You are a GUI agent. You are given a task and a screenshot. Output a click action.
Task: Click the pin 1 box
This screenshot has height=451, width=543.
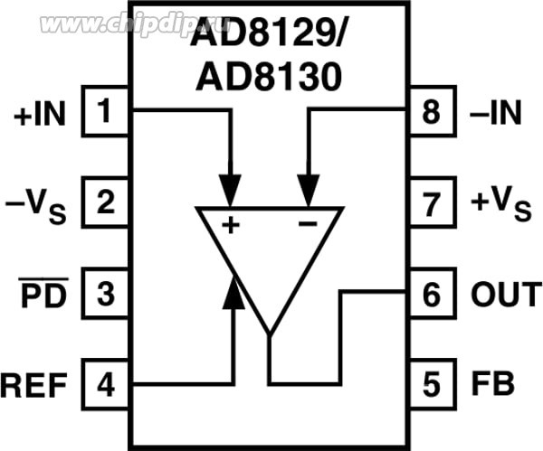coord(107,112)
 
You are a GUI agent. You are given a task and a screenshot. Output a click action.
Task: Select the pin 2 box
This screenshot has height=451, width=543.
coord(107,202)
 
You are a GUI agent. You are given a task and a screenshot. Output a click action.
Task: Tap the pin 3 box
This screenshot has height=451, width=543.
coord(107,294)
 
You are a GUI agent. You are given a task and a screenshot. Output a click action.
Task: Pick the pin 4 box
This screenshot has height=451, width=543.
coord(107,385)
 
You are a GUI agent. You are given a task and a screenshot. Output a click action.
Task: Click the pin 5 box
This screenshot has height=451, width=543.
coord(432,385)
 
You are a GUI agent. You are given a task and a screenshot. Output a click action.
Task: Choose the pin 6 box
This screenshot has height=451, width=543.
coord(432,294)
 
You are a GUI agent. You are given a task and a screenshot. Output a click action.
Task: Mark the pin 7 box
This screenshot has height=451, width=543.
coord(432,202)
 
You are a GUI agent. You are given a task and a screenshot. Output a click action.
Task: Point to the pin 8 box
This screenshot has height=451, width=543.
coord(432,112)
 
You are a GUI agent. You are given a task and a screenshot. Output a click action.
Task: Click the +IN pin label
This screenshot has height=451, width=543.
coord(40,115)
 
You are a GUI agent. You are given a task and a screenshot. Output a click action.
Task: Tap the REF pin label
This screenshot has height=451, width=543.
coord(34,387)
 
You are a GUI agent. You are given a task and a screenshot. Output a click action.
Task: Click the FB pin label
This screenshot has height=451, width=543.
coord(492,385)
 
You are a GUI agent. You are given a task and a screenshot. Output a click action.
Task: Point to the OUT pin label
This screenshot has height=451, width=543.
coord(506,295)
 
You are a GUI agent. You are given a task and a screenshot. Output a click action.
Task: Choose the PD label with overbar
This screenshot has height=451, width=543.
coord(44,295)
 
